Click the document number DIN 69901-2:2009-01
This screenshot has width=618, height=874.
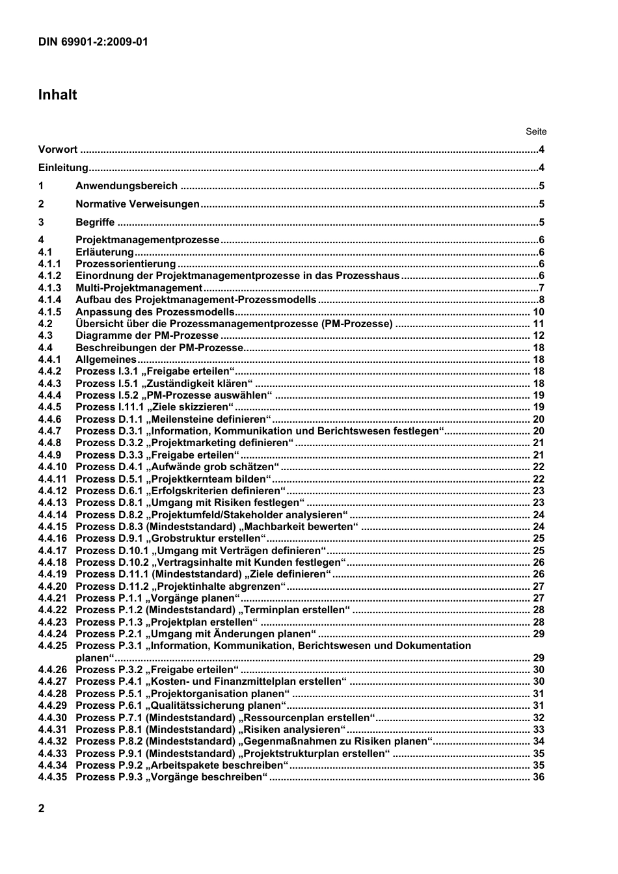coord(93,42)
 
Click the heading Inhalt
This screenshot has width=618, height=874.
coord(57,95)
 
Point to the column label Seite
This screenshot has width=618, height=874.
coord(536,131)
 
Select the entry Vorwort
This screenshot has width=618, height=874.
coord(57,150)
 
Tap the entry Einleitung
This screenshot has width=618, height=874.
coord(62,168)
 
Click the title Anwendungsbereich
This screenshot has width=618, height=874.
coord(126,186)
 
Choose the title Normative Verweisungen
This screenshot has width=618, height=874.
coord(137,204)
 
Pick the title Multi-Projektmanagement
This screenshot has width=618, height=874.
coord(139,288)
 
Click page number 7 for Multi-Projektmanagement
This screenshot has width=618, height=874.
coord(541,288)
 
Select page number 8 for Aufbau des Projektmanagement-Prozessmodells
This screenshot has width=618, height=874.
coord(541,300)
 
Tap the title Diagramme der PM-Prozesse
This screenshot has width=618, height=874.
coord(147,336)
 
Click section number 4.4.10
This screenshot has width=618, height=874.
coord(52,467)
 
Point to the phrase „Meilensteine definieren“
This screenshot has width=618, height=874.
coord(209,419)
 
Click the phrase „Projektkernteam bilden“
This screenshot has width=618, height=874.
coord(209,479)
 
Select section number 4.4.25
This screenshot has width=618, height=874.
coord(52,646)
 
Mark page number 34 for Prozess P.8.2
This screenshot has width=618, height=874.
coord(539,741)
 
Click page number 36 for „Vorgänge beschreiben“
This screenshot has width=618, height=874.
coord(539,777)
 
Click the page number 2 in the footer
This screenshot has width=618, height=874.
coord(42,808)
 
